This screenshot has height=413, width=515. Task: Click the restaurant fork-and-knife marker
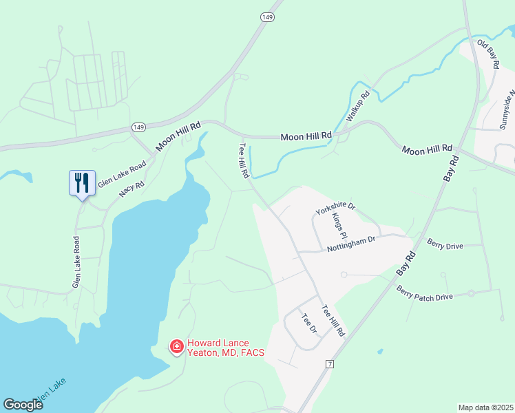coord(81,182)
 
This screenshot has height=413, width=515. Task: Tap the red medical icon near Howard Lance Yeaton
coord(177,346)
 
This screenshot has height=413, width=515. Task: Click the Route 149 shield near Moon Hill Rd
coord(139,127)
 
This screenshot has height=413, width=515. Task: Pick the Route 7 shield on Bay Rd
coord(330,363)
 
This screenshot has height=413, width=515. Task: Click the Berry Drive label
coord(445,244)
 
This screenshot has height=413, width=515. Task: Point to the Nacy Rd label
coord(132,189)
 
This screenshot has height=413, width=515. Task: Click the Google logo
coord(23,405)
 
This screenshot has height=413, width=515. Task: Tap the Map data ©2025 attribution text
coord(486,407)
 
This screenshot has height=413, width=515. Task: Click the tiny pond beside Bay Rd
coord(381,352)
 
